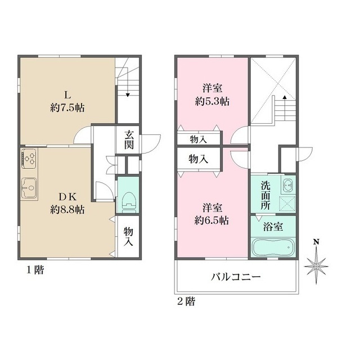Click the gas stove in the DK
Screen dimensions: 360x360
pyautogui.click(x=30, y=159)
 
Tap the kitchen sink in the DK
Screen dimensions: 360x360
pyautogui.click(x=29, y=188)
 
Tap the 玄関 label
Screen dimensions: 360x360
pyautogui.click(x=129, y=141)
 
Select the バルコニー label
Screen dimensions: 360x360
pyautogui.click(x=236, y=277)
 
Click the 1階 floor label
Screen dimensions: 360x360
pyautogui.click(x=35, y=270)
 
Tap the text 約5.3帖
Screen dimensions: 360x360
pyautogui.click(x=212, y=102)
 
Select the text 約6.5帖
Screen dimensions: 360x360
pyautogui.click(x=212, y=220)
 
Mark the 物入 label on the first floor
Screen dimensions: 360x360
pyautogui.click(x=129, y=236)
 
